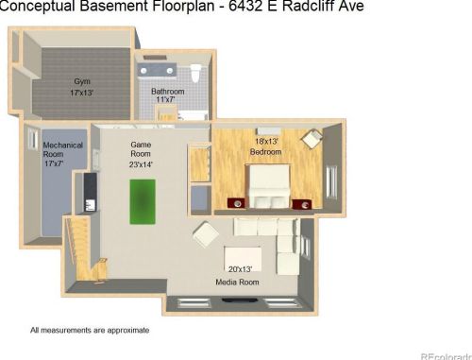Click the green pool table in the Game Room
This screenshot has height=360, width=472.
pyautogui.click(x=143, y=201)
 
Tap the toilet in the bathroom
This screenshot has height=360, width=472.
pyautogui.click(x=195, y=73)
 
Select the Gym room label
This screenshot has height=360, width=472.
pyautogui.click(x=82, y=81)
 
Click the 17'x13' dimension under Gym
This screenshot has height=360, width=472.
pyautogui.click(x=82, y=93)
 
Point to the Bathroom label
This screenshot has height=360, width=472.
pyautogui.click(x=168, y=92)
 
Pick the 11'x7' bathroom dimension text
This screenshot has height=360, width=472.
pyautogui.click(x=165, y=99)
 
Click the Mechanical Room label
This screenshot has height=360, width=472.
pyautogui.click(x=62, y=149)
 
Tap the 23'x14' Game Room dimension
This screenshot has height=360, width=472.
pyautogui.click(x=141, y=164)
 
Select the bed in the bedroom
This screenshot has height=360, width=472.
pyautogui.click(x=269, y=186)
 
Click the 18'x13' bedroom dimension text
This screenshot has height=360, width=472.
pyautogui.click(x=266, y=142)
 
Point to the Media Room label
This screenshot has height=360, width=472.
pyautogui.click(x=237, y=283)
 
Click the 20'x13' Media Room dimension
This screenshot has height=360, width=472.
pyautogui.click(x=241, y=269)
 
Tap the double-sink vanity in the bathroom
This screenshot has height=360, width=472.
pyautogui.click(x=157, y=70)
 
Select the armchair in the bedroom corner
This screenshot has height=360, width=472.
pyautogui.click(x=312, y=139)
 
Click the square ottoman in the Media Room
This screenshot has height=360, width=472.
pyautogui.click(x=206, y=234)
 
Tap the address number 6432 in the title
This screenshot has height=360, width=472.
pyautogui.click(x=245, y=6)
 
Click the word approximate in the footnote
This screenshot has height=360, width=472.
pyautogui.click(x=128, y=331)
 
